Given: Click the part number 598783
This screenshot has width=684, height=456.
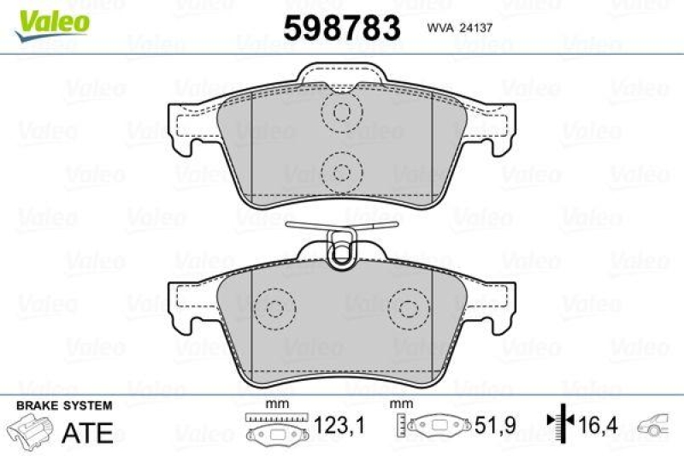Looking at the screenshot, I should (342, 29).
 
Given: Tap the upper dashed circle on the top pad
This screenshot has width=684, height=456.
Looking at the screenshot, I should (343, 111).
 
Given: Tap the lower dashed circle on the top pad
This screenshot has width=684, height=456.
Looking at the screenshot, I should (343, 171).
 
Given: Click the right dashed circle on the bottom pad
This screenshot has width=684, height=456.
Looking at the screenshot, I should (409, 309).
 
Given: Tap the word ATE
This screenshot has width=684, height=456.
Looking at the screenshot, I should (89, 432).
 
